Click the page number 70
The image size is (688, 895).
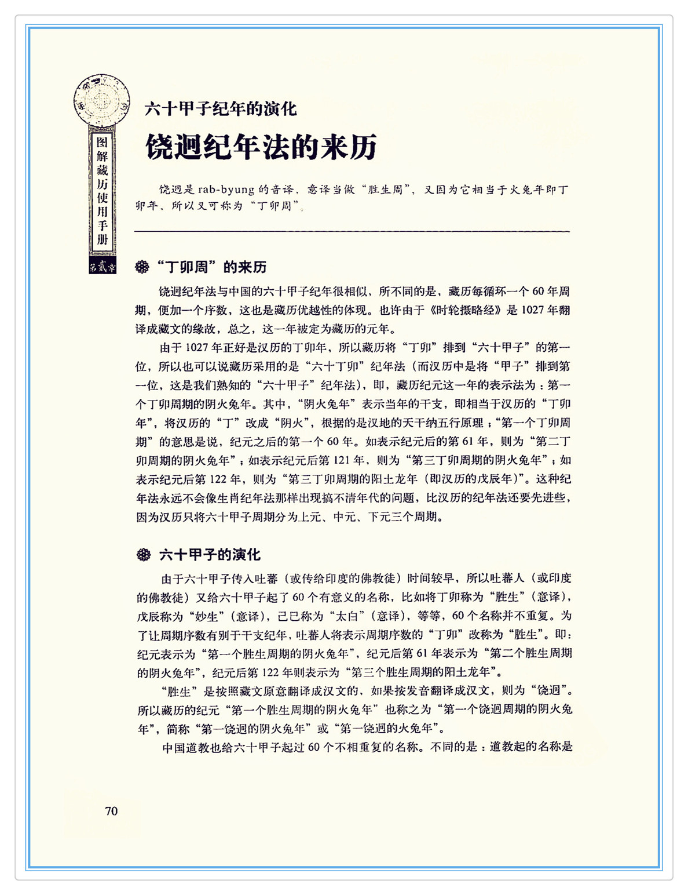(111, 811)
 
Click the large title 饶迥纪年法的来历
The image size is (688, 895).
(261, 147)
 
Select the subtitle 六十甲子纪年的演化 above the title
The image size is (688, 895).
(221, 108)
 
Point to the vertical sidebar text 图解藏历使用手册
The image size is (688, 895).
(103, 191)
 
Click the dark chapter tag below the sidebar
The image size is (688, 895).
(103, 267)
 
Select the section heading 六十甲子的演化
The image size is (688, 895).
(210, 555)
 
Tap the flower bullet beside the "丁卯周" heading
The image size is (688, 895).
(142, 267)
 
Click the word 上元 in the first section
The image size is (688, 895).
(312, 516)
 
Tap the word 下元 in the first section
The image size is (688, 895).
(380, 516)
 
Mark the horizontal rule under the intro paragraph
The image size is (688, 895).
(352, 232)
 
